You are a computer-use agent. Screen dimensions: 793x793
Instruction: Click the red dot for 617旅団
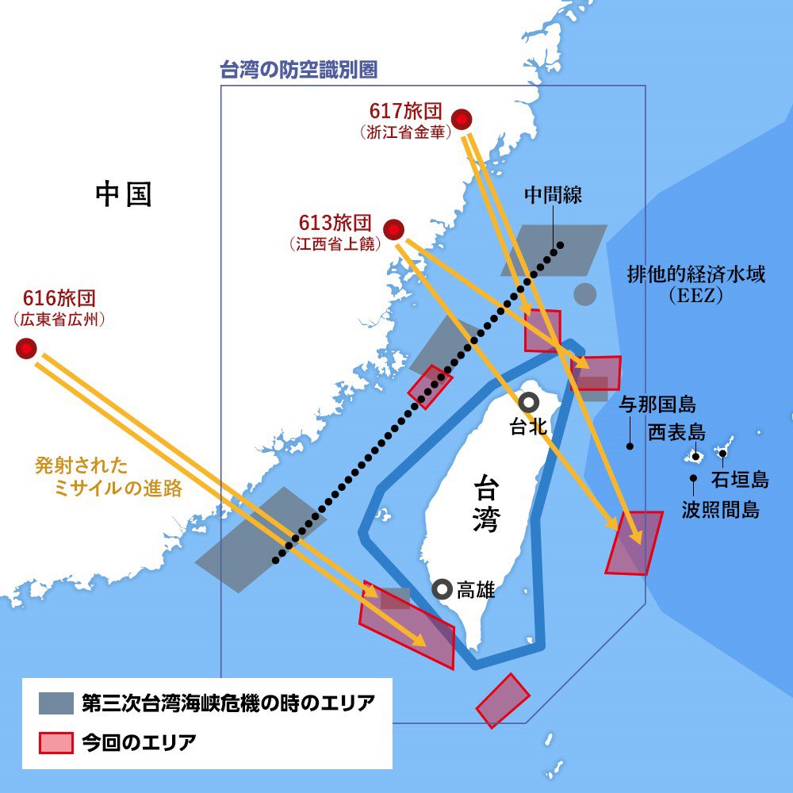click(x=462, y=120)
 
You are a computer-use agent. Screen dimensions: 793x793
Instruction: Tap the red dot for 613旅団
click(x=394, y=230)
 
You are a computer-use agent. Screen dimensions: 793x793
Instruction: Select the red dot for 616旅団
click(x=27, y=348)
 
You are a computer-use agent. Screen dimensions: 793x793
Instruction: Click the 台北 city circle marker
click(x=528, y=402)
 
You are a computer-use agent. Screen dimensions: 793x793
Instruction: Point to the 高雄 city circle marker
click(x=442, y=588)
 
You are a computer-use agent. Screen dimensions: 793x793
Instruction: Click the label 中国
click(x=123, y=193)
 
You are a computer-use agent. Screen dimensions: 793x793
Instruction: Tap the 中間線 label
click(x=553, y=195)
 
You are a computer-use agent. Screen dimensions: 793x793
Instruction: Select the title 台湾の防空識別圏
click(x=297, y=69)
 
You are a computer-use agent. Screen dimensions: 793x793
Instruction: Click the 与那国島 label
click(x=657, y=405)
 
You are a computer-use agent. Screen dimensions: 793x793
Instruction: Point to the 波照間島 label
click(x=721, y=509)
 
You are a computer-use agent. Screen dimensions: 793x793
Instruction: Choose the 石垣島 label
click(x=739, y=479)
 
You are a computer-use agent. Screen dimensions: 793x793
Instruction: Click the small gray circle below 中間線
click(x=584, y=294)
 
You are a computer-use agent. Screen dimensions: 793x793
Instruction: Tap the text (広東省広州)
click(x=59, y=320)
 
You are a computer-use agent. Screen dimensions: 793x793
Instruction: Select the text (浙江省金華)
click(x=404, y=132)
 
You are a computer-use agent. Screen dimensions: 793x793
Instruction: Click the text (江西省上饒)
click(x=334, y=243)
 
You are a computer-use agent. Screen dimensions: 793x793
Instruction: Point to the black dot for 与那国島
click(x=630, y=446)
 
